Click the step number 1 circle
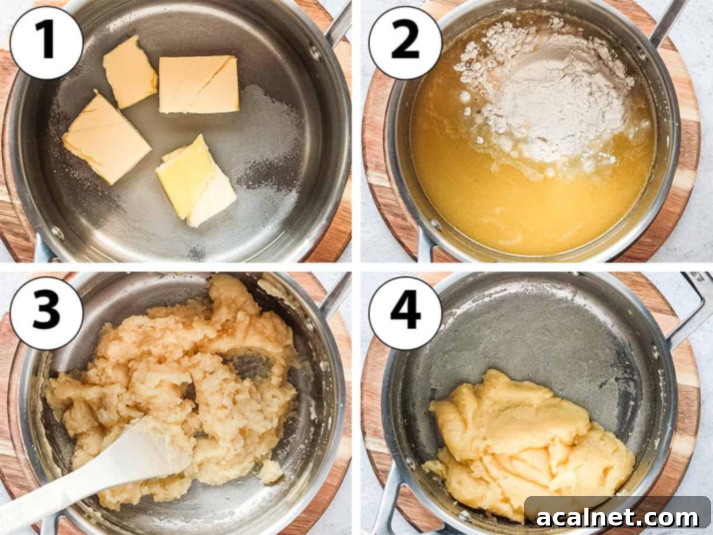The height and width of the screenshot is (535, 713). pyautogui.click(x=46, y=43)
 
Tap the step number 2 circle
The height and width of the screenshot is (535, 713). pyautogui.click(x=405, y=43)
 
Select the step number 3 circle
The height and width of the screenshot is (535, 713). pyautogui.click(x=46, y=313)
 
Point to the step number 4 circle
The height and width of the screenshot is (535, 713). pyautogui.click(x=405, y=313)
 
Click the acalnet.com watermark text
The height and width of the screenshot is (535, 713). pyautogui.click(x=617, y=517)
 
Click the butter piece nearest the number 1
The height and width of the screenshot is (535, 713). pyautogui.click(x=129, y=71)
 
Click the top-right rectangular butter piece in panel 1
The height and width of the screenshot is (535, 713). pyautogui.click(x=199, y=84)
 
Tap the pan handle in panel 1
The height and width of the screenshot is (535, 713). pyautogui.click(x=339, y=24)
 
